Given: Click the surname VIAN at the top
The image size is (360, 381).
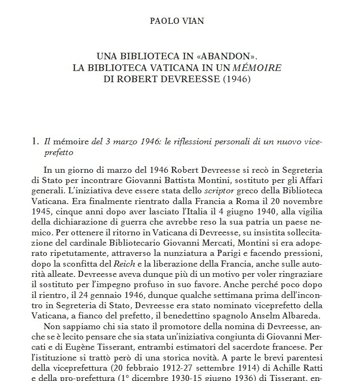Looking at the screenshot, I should pyautogui.click(x=195, y=21).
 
